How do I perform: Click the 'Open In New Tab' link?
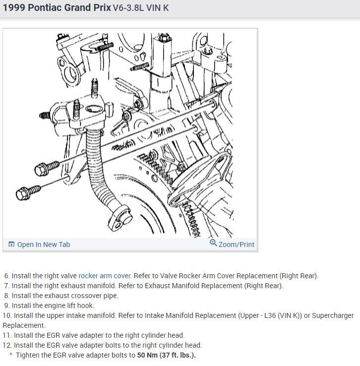44,244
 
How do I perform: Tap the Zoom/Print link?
236,244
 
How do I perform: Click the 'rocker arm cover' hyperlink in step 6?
105,276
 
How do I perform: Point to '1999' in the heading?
14,8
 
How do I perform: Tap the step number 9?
6,305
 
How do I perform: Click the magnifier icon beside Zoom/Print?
213,244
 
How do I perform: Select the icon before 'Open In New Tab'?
11,244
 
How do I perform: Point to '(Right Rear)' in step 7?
263,286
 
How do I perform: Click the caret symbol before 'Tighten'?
10,355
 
